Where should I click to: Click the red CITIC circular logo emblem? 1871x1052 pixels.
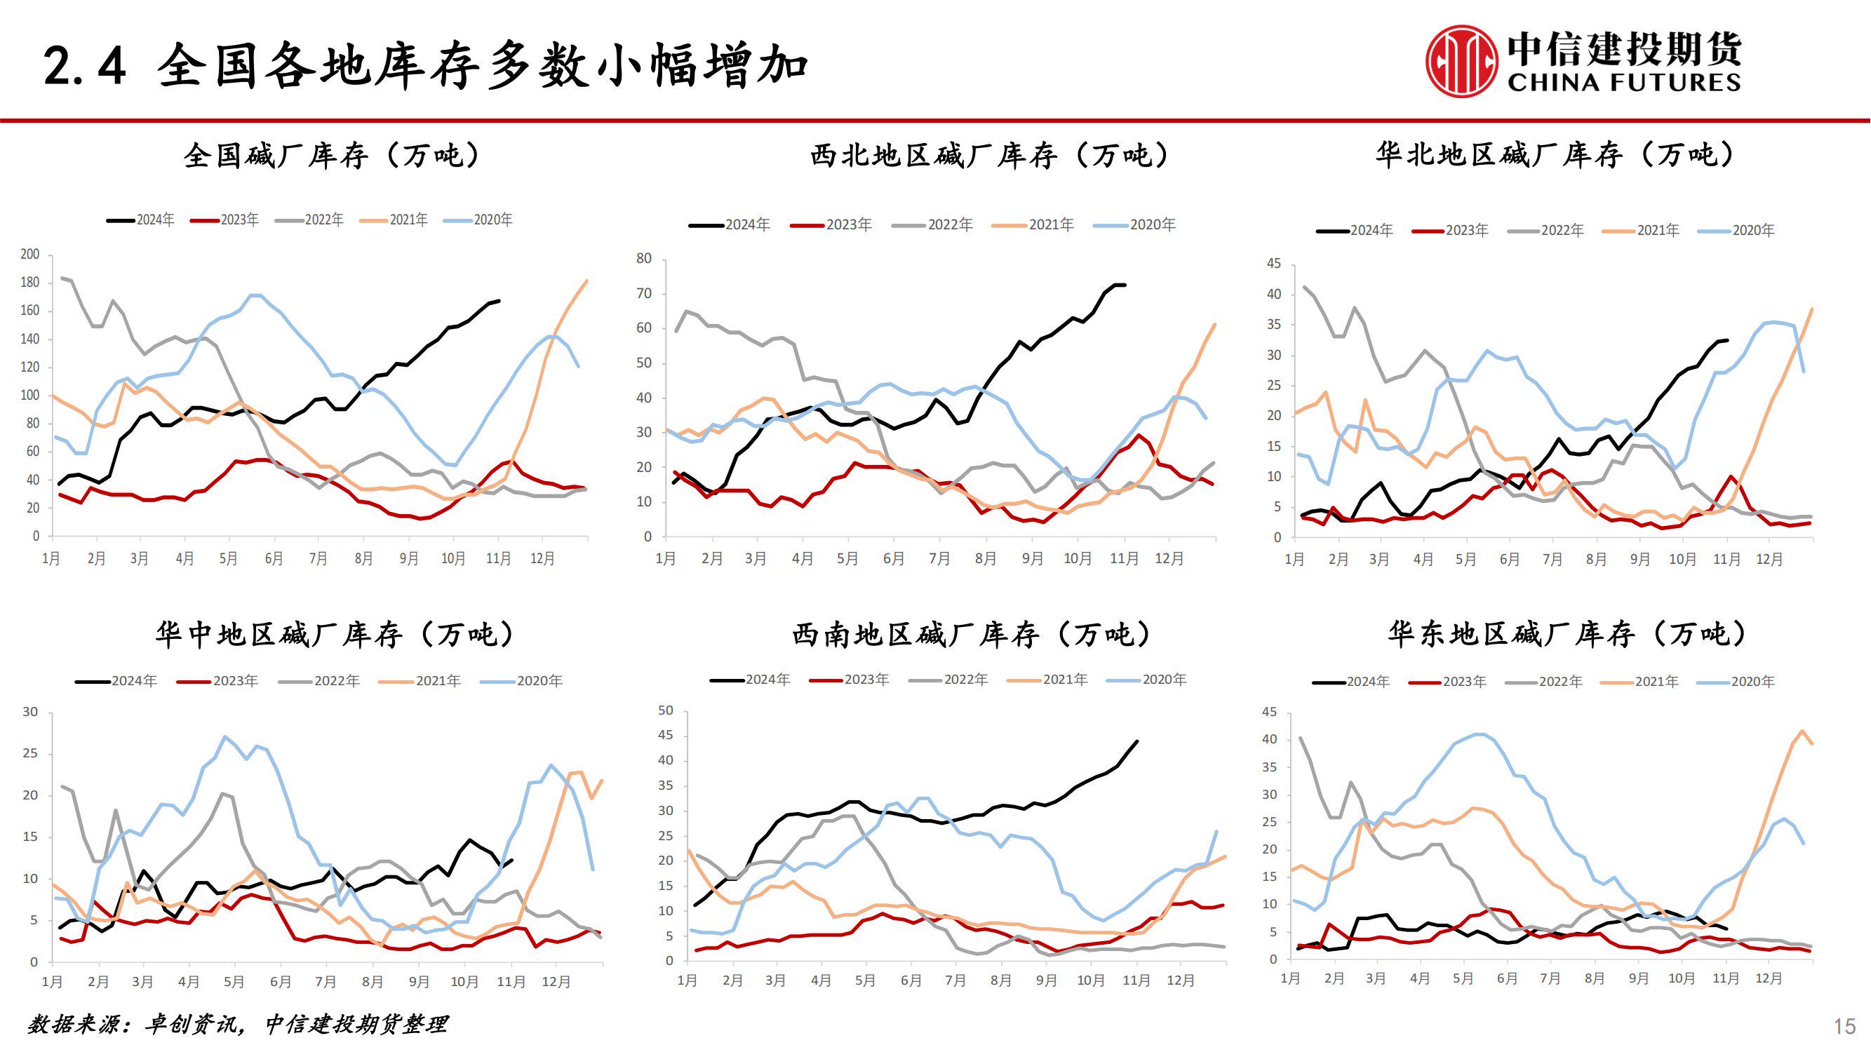point(1461,61)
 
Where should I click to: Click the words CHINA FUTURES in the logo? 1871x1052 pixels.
point(1623,82)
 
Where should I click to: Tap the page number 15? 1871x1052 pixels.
point(1844,1026)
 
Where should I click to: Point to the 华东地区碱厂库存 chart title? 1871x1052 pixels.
point(1567,634)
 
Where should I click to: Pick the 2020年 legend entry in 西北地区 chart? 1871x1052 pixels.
point(1135,225)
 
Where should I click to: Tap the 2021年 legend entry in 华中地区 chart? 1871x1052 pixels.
point(420,681)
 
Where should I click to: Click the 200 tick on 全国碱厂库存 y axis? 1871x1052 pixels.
point(29,254)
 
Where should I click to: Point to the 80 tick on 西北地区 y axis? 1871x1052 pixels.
point(643,259)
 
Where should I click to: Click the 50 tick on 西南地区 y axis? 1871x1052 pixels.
point(665,710)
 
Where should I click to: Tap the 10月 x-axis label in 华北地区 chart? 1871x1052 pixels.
point(1682,559)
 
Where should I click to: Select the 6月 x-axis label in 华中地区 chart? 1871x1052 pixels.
point(280,982)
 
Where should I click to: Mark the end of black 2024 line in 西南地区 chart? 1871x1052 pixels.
point(1136,741)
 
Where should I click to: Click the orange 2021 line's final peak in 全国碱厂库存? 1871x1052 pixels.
point(586,281)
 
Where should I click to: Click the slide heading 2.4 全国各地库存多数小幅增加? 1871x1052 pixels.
point(426,65)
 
